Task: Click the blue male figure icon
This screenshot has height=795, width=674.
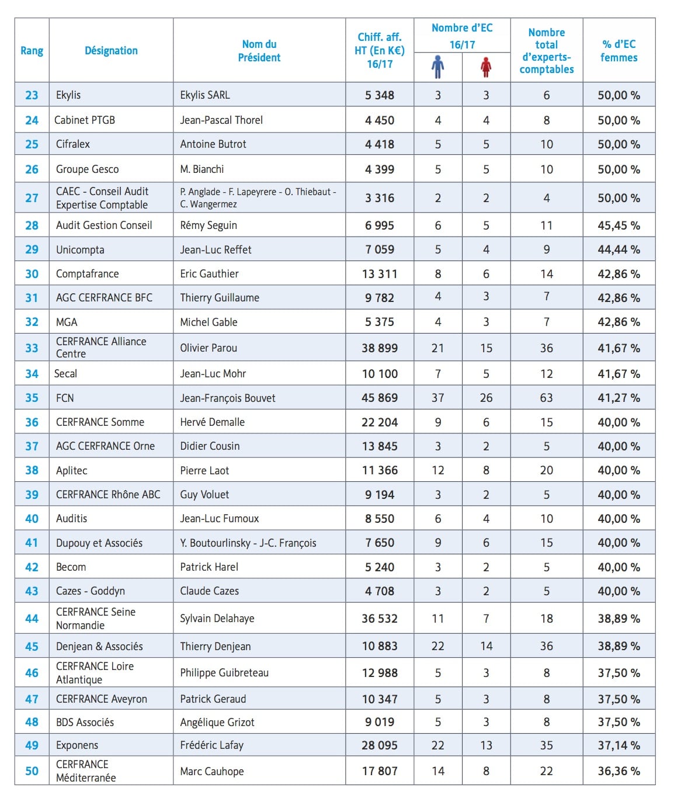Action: (437, 67)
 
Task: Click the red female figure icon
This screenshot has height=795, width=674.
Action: (486, 67)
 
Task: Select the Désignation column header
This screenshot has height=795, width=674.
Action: (111, 51)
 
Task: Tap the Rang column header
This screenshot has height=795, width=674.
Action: (32, 51)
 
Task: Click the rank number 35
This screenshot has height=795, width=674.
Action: (32, 398)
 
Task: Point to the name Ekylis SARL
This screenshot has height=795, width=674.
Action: (205, 95)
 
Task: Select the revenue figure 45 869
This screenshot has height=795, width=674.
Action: (380, 398)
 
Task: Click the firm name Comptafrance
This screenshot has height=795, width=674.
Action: (87, 274)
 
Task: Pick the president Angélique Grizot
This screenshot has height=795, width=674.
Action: (217, 723)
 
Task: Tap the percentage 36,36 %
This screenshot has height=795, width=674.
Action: (619, 771)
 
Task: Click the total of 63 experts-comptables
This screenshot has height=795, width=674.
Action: (546, 398)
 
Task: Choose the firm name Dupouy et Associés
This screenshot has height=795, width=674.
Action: (99, 543)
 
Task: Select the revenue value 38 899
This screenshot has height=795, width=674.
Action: (380, 348)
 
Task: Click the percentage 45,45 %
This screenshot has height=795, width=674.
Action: (619, 225)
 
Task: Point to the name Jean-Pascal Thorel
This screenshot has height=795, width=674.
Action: (221, 120)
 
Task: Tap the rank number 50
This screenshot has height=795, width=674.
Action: (32, 771)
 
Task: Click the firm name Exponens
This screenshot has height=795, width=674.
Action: (77, 745)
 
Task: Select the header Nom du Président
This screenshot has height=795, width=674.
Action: (259, 51)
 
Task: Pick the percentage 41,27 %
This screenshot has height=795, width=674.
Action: (619, 398)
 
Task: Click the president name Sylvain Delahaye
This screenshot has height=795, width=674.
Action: (217, 619)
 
